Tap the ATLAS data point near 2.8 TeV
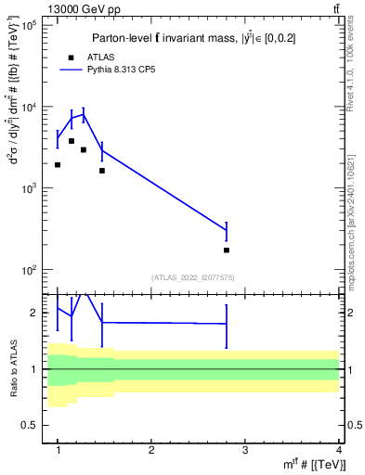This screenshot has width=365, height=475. click(x=227, y=250)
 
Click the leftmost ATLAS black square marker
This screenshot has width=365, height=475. click(x=58, y=165)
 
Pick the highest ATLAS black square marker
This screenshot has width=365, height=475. click(x=72, y=141)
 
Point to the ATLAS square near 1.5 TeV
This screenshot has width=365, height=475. click(x=102, y=171)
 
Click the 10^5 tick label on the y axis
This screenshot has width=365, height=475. click(x=28, y=25)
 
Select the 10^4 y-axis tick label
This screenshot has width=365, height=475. click(x=28, y=107)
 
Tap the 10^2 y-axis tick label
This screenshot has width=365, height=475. click(x=28, y=270)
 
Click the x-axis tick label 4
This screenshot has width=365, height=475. click(x=339, y=449)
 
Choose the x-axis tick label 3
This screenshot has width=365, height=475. click(x=245, y=449)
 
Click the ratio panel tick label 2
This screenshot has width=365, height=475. click(x=33, y=313)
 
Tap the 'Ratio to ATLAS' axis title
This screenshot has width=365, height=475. click(x=12, y=368)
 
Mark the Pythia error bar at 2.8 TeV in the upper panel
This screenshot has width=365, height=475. click(x=227, y=230)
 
